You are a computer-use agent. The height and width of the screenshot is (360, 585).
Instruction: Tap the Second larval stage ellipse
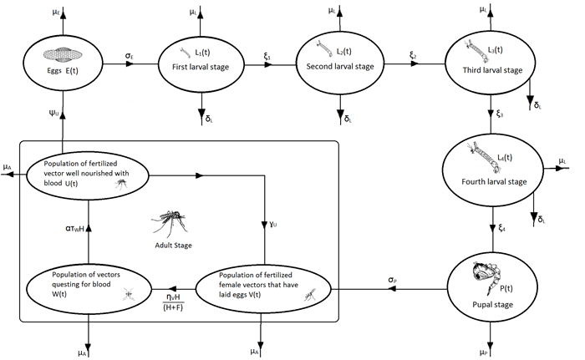pyautogui.click(x=341, y=61)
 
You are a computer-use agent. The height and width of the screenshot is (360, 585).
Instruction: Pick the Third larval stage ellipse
pyautogui.click(x=486, y=60)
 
